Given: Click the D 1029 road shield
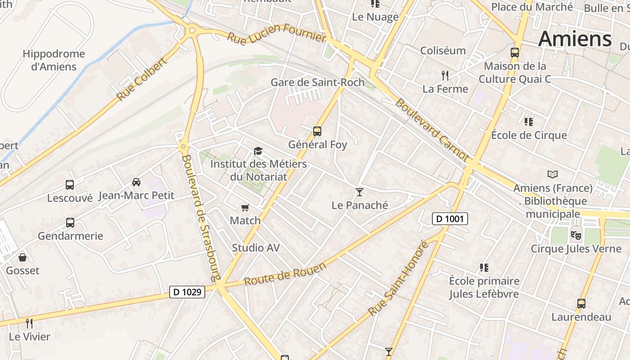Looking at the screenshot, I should [x=187, y=292].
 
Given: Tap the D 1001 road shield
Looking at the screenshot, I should [x=450, y=219].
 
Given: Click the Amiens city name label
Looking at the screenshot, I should [x=575, y=39].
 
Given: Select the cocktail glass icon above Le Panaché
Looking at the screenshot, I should [x=359, y=192].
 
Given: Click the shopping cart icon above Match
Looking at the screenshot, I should [x=245, y=207].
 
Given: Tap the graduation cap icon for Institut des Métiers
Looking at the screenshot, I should [x=258, y=151].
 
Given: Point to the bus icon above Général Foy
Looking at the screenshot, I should [x=317, y=131].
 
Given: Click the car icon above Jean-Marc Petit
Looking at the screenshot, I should [x=136, y=182].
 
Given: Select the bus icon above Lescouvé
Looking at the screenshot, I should [x=70, y=184].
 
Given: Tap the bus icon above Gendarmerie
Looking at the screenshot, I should [x=70, y=222].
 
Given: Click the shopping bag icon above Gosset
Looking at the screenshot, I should [x=22, y=257].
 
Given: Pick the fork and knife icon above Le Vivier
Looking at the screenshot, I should [x=29, y=323].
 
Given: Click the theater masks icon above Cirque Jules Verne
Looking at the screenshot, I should [x=575, y=235].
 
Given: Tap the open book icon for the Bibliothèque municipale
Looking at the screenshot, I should [x=553, y=174].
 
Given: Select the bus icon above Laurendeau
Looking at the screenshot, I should [x=581, y=304].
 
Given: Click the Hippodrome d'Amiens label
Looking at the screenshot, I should [x=54, y=60].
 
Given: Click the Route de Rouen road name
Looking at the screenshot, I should [x=285, y=274].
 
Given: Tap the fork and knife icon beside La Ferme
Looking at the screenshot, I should [x=445, y=75].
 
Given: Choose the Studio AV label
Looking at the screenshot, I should [x=256, y=247].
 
